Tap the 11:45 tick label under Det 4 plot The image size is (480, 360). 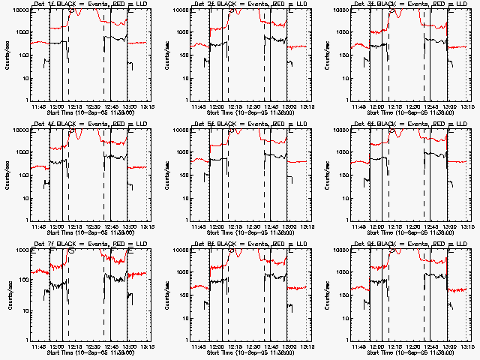39,226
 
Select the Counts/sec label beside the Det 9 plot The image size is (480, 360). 325,294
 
